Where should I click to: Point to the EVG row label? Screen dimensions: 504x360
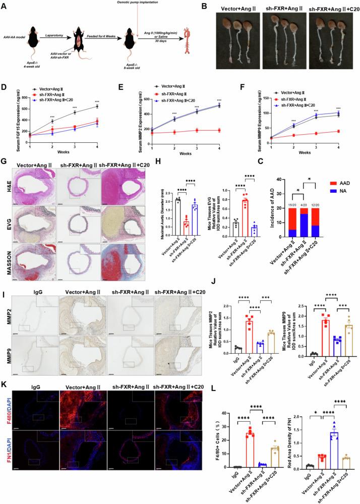pos(7,226)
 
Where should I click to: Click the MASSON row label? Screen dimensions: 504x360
pos(7,263)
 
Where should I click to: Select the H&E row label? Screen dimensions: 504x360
pos(7,187)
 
